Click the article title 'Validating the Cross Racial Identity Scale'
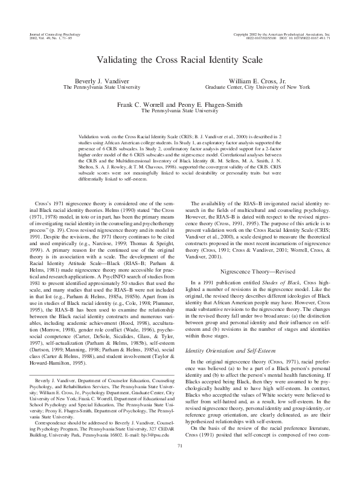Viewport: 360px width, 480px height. coord(179,60)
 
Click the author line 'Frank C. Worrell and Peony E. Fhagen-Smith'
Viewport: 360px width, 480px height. coord(179,104)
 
